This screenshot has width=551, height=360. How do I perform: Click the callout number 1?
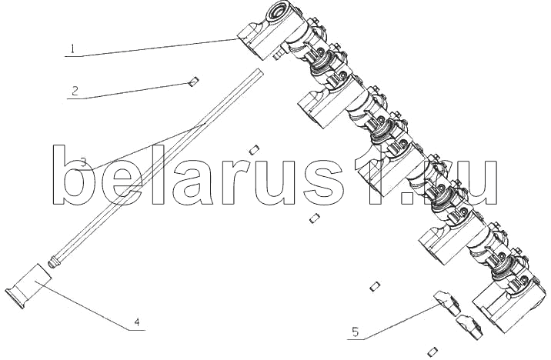point(73,48)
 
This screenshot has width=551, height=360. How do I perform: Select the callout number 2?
point(75,91)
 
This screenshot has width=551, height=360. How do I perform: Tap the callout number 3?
point(83,162)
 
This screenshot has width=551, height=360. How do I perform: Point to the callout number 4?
point(138,322)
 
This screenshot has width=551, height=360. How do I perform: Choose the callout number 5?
point(356,332)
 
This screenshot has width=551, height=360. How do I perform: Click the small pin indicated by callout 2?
point(194,82)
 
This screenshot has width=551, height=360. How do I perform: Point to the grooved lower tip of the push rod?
point(53,262)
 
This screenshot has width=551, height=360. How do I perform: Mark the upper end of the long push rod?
point(259,72)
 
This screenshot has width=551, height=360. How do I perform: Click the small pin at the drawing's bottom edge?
point(433,352)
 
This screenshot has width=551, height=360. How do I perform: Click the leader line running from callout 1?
point(152,48)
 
